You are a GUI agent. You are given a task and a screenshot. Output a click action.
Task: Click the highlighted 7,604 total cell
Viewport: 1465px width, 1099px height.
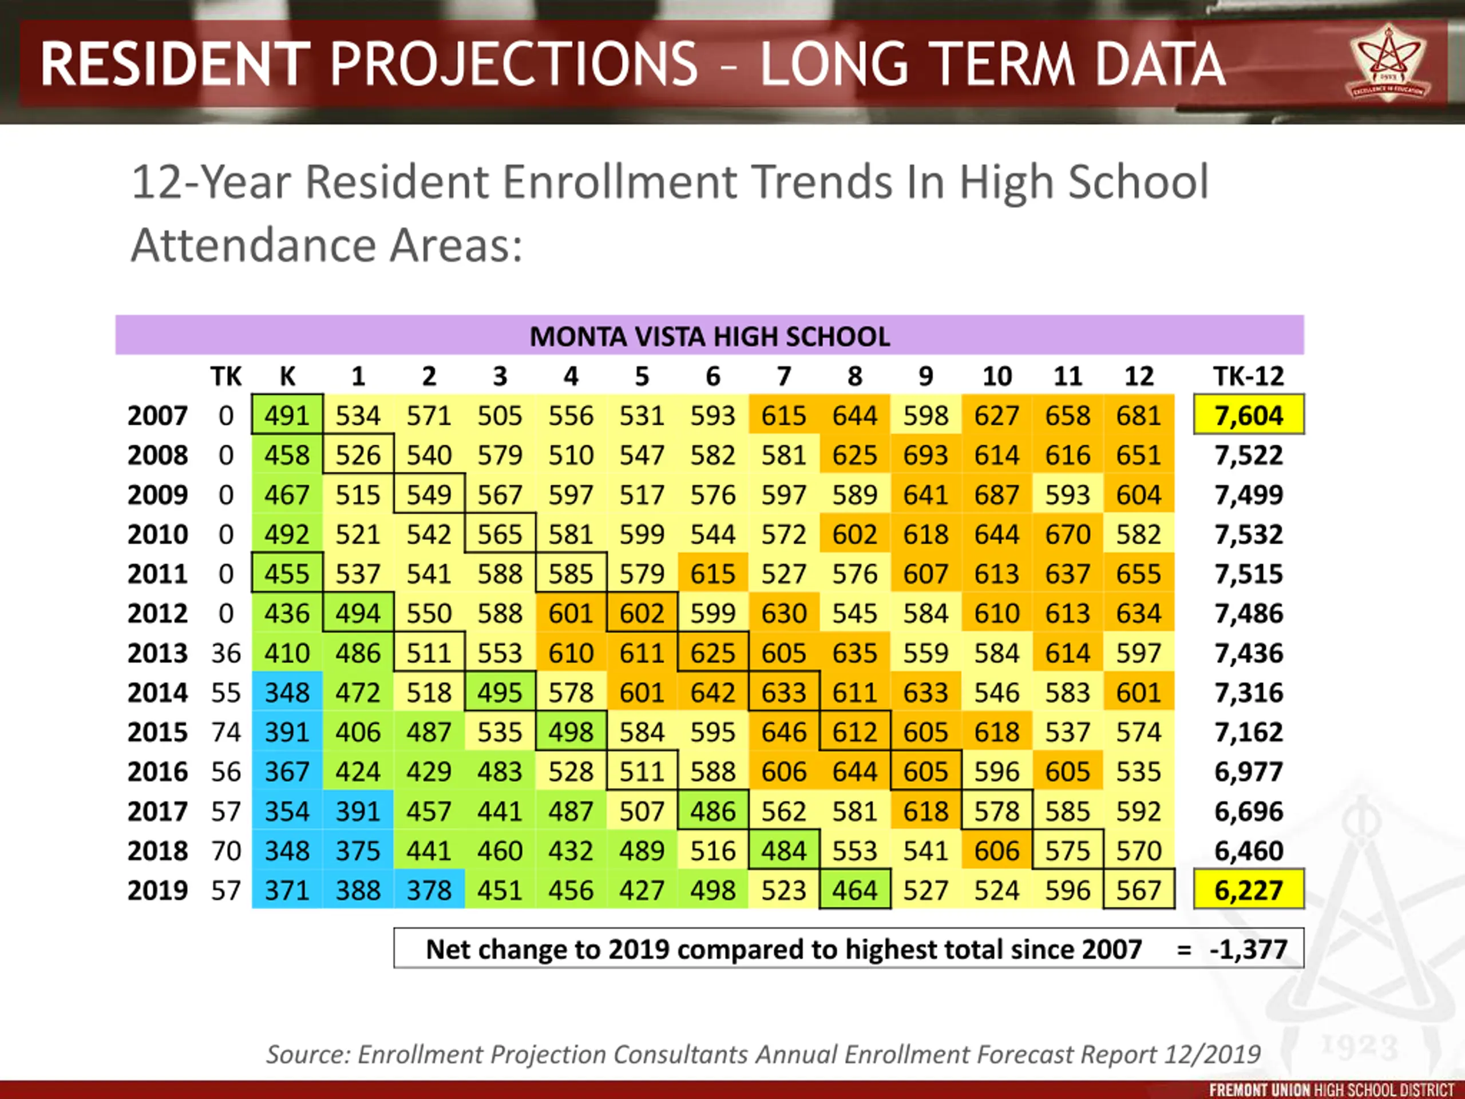(1249, 416)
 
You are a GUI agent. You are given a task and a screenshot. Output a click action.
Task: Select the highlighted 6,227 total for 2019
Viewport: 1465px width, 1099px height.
(1249, 890)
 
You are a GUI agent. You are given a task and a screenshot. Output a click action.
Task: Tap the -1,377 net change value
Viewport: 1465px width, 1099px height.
(1249, 948)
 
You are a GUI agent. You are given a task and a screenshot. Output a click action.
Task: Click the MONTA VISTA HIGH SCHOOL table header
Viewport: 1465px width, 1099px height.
(709, 337)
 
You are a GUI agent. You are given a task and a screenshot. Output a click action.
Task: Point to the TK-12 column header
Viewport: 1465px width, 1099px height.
(1249, 376)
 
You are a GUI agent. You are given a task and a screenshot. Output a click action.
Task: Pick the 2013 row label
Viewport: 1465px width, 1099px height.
(157, 653)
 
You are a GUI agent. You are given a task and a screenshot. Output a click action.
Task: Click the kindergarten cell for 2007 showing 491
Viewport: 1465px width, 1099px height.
(287, 416)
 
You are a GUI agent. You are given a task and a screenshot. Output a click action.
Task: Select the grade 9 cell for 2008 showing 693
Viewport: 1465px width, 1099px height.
(925, 455)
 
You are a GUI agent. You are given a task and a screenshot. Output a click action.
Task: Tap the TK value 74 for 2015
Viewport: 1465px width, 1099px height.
(226, 732)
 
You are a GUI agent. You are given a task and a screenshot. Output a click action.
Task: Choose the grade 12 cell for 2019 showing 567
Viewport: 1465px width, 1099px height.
(1138, 890)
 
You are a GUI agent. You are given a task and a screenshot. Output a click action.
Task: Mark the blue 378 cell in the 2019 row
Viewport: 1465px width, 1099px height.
(429, 890)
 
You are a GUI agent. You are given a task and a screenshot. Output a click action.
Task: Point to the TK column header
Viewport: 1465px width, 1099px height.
(226, 376)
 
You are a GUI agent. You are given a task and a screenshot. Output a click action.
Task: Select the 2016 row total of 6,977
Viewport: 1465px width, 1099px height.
(1249, 772)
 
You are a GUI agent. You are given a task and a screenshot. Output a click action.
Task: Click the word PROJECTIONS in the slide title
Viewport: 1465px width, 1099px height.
(513, 64)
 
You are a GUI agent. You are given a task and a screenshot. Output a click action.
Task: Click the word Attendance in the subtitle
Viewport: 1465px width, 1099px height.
(252, 245)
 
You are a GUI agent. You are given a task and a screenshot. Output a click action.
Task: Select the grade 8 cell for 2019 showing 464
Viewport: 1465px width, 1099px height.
(854, 890)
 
